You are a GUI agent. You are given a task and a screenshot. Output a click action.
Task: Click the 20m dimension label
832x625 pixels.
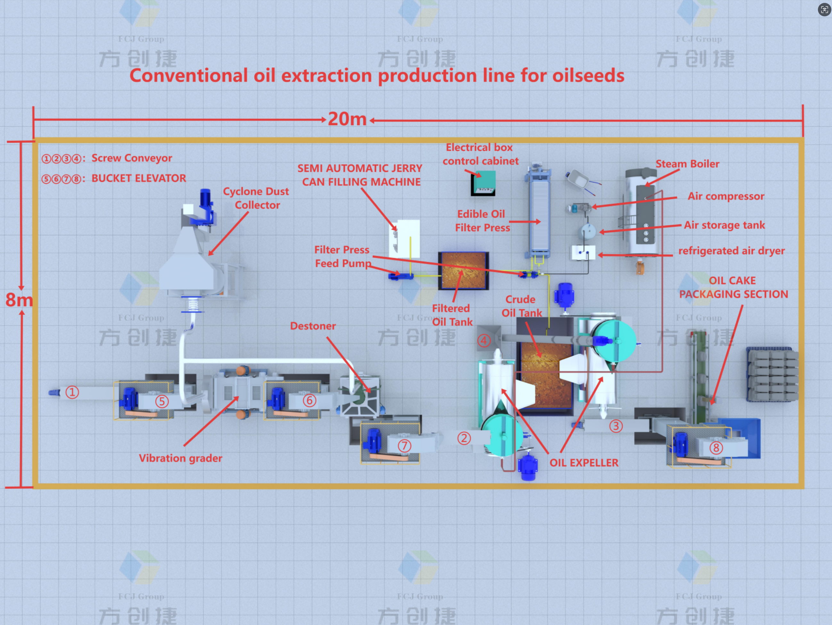point(347,119)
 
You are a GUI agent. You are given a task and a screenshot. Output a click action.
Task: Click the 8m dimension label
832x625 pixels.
point(19,300)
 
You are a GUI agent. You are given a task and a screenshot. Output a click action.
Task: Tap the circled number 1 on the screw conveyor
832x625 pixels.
point(72,392)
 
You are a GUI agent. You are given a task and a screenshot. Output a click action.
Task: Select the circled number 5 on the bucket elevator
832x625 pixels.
point(162,401)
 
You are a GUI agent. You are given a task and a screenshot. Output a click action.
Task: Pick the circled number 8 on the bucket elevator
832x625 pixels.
point(716,447)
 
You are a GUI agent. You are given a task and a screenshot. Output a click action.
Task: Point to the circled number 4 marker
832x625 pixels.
point(484,341)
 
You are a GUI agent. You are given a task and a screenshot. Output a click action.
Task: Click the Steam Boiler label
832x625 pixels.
point(687,163)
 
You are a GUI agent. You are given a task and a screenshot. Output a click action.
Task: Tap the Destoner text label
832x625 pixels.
point(313,326)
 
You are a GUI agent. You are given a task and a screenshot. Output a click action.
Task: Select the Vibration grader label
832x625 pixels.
point(180,458)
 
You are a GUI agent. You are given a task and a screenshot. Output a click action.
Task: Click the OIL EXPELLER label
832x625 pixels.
point(584,463)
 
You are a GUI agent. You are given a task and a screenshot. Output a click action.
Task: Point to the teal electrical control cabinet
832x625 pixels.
point(484,183)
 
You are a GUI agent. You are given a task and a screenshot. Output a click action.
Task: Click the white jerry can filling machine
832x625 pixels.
point(405,238)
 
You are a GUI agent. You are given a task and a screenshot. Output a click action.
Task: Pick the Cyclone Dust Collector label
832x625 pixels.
point(256,198)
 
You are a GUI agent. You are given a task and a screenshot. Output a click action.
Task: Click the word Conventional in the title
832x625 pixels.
point(189,76)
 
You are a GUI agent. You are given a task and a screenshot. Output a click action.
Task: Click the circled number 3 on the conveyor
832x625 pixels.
point(616,426)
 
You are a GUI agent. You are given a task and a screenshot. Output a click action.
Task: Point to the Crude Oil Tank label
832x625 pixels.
point(521,306)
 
